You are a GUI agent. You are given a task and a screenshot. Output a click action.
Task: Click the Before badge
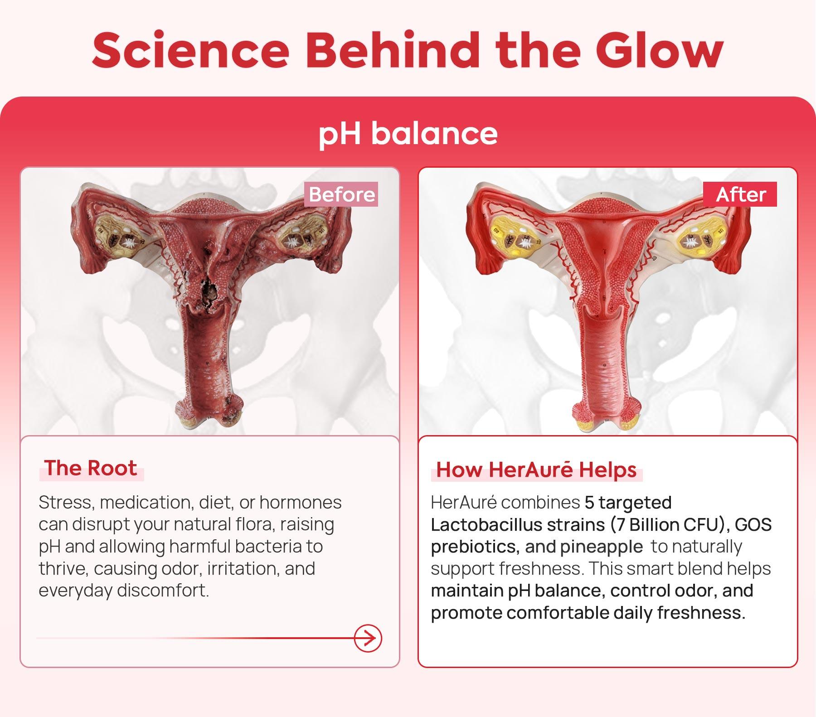(342, 194)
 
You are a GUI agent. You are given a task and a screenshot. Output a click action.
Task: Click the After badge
(740, 194)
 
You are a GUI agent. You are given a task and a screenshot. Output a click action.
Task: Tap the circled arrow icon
(368, 639)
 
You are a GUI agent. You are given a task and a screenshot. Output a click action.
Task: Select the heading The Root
(91, 468)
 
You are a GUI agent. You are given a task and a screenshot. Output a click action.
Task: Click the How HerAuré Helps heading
(536, 470)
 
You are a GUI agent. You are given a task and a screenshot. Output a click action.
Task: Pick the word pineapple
(601, 547)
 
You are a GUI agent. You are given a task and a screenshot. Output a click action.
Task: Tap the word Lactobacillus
(486, 525)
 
